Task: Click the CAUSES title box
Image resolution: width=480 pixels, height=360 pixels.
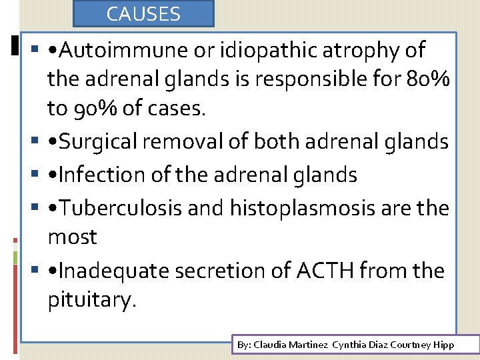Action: (143, 13)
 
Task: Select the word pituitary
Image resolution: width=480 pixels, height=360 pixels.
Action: (91, 300)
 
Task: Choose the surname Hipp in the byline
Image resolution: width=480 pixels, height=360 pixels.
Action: (444, 345)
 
